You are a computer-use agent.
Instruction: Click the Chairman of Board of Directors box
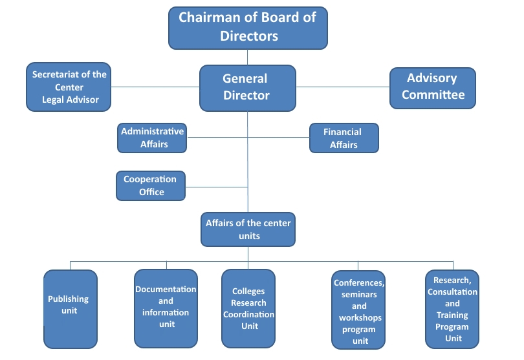[248, 28]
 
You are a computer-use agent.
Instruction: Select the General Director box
[247, 87]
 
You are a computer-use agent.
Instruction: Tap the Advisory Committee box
[432, 87]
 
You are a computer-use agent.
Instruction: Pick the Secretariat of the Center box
[69, 87]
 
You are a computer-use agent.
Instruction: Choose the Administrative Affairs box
[152, 138]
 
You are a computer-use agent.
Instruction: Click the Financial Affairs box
[344, 138]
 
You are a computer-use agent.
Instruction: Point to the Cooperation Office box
[151, 185]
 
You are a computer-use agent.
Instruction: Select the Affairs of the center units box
[248, 229]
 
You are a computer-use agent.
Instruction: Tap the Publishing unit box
[70, 309]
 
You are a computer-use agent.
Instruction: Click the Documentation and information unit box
[166, 308]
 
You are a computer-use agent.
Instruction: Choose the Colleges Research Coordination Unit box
[249, 308]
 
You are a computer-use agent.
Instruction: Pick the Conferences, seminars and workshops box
[358, 310]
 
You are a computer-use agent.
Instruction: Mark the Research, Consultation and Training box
[452, 309]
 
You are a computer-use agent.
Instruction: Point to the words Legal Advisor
[70, 100]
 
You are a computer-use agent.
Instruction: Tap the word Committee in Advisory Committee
[433, 95]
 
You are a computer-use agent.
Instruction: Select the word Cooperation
[150, 179]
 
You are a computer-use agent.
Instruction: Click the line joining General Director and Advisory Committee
[343, 87]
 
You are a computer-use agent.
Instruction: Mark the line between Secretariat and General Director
[155, 87]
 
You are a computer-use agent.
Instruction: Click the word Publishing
[68, 299]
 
